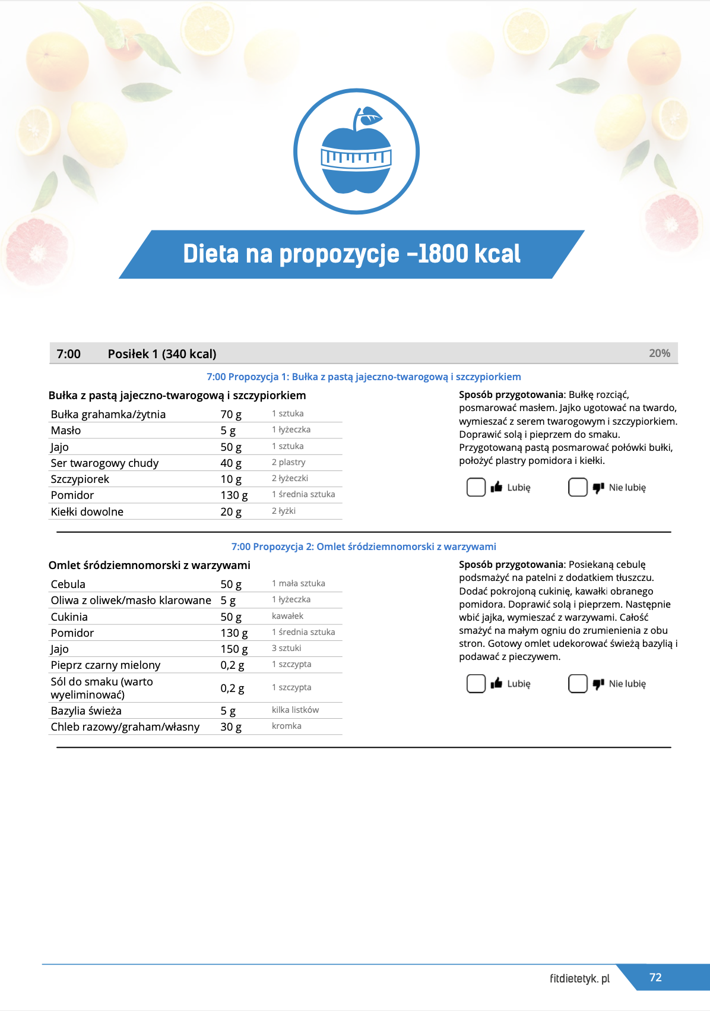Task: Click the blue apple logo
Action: (356, 151)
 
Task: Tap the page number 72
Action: (655, 977)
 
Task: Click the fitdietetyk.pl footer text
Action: (579, 978)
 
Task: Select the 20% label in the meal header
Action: (660, 353)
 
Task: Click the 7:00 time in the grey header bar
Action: (68, 354)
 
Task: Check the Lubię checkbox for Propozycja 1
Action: (476, 487)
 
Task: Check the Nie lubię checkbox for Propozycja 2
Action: (578, 684)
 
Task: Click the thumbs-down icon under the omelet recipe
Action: (598, 684)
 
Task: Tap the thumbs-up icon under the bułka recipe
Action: (497, 487)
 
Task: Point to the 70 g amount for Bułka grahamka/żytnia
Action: (231, 414)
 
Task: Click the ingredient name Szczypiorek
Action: (80, 479)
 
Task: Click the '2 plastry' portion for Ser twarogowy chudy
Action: (289, 462)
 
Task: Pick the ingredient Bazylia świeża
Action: (86, 710)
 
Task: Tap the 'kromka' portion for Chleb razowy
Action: (287, 726)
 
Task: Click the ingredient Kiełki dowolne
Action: (87, 511)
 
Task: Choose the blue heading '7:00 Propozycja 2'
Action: (363, 546)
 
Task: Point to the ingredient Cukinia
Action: (69, 617)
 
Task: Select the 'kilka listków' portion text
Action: (295, 710)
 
